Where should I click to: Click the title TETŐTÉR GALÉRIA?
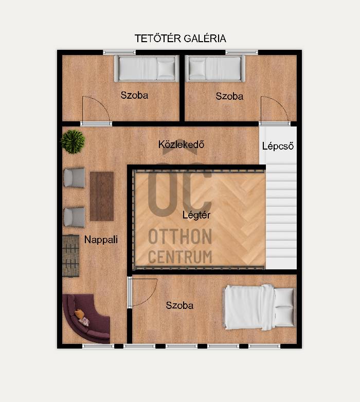[x=180, y=39]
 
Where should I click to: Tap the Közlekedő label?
[x=181, y=144]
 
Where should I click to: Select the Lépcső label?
[x=278, y=146]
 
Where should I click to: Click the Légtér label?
[x=196, y=215]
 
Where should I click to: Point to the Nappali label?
[x=101, y=240]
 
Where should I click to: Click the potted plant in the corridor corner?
[x=73, y=141]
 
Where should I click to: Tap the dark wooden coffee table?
[x=102, y=196]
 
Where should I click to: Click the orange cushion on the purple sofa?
[x=79, y=314]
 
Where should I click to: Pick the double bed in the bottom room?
[x=260, y=307]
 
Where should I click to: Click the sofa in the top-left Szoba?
[x=147, y=68]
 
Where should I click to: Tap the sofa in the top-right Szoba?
[x=215, y=68]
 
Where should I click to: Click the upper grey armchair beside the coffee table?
[x=75, y=177]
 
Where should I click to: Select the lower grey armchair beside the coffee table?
[x=75, y=217]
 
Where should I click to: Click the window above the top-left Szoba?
[x=119, y=52]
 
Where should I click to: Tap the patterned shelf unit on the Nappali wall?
[x=70, y=255]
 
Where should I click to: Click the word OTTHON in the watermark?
[x=180, y=236]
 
